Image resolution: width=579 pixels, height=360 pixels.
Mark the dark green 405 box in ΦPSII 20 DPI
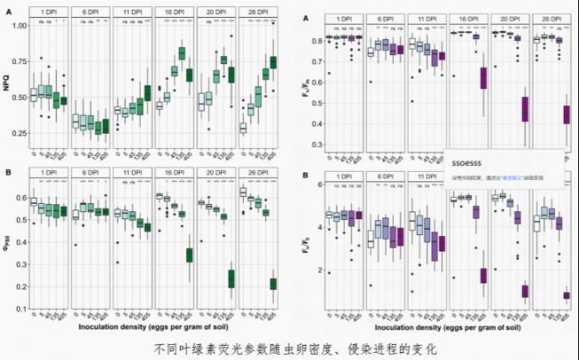tap(231, 279)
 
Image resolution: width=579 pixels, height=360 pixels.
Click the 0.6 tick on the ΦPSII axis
tap(19, 196)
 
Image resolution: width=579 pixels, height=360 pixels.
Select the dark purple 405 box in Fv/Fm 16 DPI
tap(484, 78)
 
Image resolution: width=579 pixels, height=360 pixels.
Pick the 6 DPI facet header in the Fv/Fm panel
tap(379, 16)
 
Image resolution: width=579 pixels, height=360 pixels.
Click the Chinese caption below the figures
tap(289, 347)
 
